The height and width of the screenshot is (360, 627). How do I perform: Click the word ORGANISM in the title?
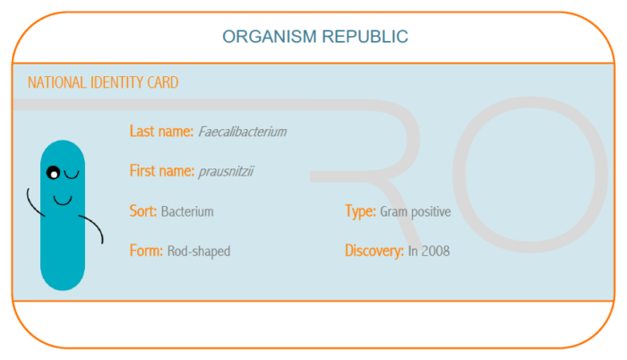tap(270, 37)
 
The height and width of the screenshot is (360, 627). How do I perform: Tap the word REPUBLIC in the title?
tap(365, 37)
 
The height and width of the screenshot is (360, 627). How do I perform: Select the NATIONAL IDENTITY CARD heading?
tap(103, 82)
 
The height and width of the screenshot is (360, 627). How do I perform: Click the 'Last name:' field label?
tap(161, 132)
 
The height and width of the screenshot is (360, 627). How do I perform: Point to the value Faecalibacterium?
tap(243, 132)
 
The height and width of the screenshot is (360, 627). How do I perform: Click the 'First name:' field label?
tap(162, 171)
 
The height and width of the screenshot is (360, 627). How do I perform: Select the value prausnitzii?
tap(227, 172)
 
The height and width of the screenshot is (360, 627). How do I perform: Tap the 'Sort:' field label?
tap(143, 210)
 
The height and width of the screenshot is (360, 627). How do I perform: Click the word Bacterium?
tap(187, 211)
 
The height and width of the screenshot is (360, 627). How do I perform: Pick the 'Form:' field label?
tap(146, 251)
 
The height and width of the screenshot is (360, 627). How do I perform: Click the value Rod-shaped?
tap(199, 252)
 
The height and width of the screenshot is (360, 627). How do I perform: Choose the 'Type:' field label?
tap(360, 211)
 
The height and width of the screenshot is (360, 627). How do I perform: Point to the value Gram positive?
tap(416, 211)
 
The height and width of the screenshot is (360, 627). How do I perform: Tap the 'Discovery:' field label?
tap(374, 251)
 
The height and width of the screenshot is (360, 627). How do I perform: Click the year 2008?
tap(436, 252)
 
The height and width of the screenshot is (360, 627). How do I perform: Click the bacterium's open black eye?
tap(53, 173)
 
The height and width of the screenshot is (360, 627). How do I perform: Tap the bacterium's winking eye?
tap(72, 175)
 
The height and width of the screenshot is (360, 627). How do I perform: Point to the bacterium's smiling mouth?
tap(63, 200)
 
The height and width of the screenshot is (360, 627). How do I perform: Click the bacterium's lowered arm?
tap(94, 225)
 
